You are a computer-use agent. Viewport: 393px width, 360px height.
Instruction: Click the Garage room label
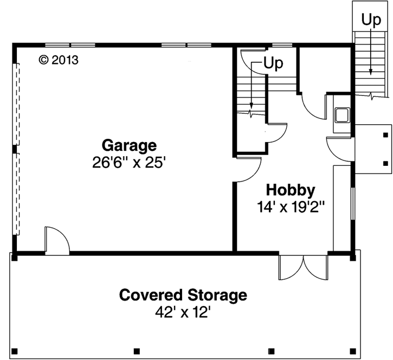(130, 145)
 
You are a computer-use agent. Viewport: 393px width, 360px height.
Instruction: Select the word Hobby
(290, 190)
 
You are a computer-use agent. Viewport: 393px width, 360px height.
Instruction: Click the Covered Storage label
(183, 295)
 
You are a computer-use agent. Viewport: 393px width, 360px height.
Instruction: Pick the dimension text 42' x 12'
(183, 313)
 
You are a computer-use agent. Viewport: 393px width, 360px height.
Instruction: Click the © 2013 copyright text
(59, 60)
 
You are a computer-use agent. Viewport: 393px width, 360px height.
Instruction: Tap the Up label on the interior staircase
(273, 63)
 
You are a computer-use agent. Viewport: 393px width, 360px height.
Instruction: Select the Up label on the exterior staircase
(371, 20)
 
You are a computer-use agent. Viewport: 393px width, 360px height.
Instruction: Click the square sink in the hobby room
(342, 115)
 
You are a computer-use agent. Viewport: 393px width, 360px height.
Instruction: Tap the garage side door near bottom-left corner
(56, 241)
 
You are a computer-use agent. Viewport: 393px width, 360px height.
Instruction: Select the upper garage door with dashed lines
(17, 104)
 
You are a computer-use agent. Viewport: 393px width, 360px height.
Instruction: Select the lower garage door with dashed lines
(17, 193)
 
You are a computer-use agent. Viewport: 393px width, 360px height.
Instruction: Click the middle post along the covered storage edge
(137, 350)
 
